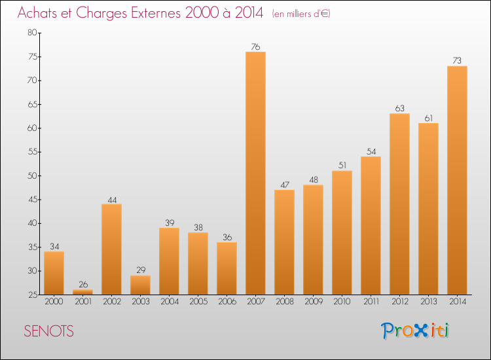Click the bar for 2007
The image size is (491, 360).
[x=255, y=173]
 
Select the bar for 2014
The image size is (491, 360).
[x=457, y=180]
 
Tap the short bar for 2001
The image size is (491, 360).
[x=82, y=292]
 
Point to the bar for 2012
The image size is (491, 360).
[x=399, y=204]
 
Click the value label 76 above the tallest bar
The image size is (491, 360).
[x=255, y=46]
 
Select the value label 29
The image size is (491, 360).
[x=140, y=270]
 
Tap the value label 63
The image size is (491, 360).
[x=399, y=109]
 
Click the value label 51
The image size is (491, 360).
[x=342, y=166]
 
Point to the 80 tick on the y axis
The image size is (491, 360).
[x=31, y=33]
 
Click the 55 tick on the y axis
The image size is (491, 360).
[x=31, y=152]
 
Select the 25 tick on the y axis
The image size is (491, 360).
[x=31, y=295]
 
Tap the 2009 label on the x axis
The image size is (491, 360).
[x=313, y=302]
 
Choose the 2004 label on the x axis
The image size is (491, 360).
[x=169, y=302]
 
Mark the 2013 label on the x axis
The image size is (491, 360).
[x=428, y=302]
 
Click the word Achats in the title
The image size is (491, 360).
[x=40, y=14]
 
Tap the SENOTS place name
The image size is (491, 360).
[x=48, y=331]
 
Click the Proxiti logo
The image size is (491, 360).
[x=416, y=331]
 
